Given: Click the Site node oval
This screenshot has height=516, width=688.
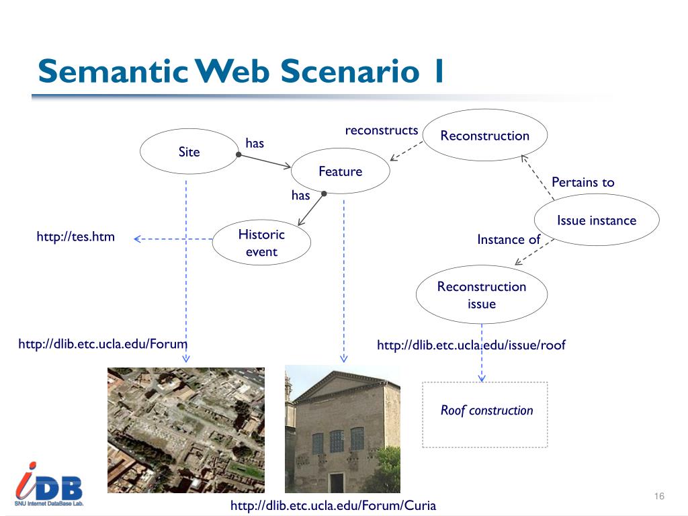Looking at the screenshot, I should (189, 152).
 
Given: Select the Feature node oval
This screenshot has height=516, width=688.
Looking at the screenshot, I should (340, 171).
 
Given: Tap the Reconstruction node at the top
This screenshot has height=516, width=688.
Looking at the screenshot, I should (485, 136).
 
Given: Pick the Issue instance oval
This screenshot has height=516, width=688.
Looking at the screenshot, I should (596, 220).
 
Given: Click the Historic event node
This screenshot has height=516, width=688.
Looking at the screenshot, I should (261, 243).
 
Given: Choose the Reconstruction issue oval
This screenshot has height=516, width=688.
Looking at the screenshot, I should (482, 295).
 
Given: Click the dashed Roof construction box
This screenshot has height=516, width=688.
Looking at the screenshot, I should (485, 414).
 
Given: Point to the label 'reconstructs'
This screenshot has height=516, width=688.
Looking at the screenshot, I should (382, 130).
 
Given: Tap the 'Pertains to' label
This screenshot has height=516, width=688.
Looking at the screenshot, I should (583, 182).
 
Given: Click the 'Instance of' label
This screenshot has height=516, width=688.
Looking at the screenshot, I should (508, 239).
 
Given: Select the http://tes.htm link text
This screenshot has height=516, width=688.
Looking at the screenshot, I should (75, 236).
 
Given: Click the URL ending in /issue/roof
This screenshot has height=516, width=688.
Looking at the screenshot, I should (471, 345).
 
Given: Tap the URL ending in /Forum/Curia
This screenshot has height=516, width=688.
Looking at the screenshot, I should (333, 505).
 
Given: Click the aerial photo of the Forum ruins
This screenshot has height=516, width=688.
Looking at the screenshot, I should (186, 430).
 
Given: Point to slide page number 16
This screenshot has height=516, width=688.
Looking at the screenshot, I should (658, 496).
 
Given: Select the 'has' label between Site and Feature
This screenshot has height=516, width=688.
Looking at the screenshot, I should (255, 143).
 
